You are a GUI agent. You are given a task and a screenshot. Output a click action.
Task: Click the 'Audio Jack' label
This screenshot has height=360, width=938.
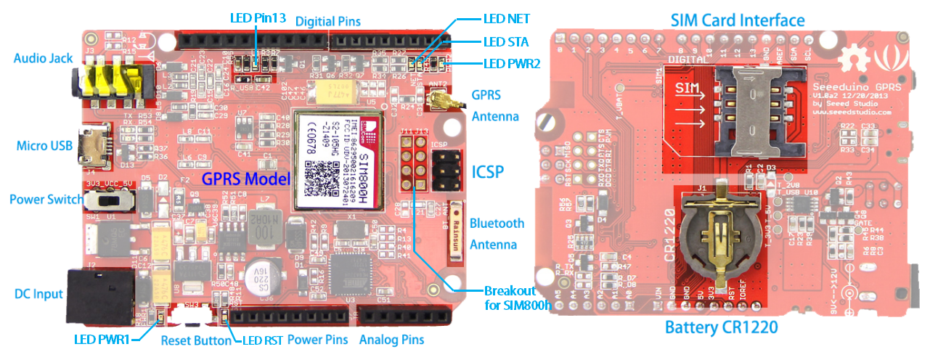[42, 56]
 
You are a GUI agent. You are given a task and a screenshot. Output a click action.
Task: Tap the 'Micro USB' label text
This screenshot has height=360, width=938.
[44, 146]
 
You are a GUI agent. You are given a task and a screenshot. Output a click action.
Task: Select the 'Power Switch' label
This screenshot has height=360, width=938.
[46, 199]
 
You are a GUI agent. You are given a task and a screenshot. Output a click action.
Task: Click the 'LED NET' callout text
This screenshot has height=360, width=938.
[507, 18]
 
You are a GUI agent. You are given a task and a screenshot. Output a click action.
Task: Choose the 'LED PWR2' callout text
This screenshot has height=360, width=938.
[512, 64]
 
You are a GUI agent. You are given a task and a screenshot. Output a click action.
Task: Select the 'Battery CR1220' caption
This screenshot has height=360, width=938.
[722, 328]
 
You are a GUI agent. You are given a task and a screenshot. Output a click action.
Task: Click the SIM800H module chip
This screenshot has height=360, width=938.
[336, 157]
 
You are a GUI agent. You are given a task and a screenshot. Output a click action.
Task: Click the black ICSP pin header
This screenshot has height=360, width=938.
[444, 171]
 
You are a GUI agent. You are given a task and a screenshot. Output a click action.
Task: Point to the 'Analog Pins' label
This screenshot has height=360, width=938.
[391, 340]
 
